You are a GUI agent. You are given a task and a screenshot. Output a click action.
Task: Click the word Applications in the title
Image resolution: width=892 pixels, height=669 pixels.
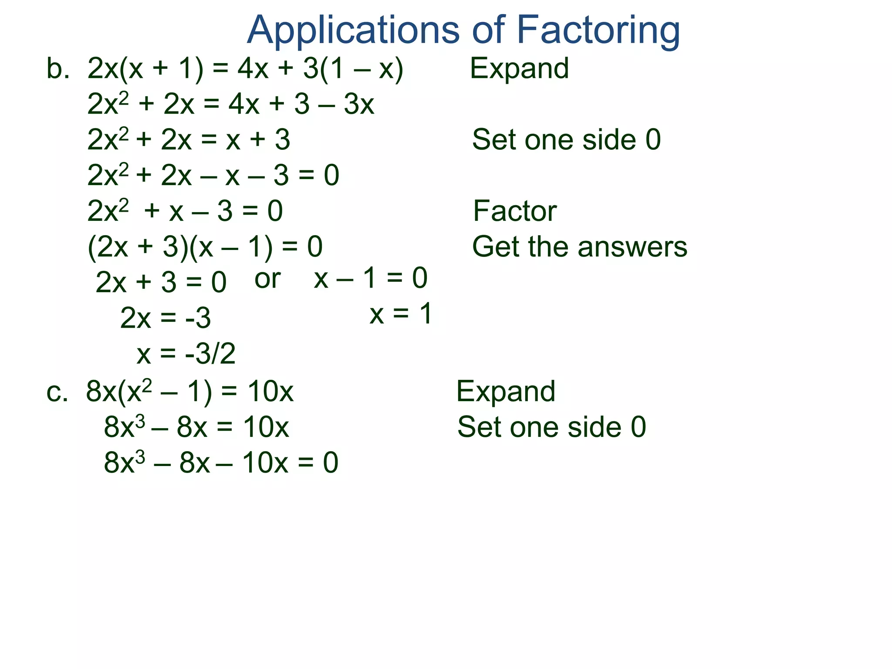pyautogui.click(x=353, y=30)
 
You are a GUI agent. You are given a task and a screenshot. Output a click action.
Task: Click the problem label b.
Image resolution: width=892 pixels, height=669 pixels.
pyautogui.click(x=57, y=69)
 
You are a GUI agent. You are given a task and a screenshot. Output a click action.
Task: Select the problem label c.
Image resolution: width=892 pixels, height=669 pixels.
pyautogui.click(x=57, y=392)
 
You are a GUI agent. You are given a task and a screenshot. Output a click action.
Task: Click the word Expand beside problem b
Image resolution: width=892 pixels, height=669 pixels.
pyautogui.click(x=519, y=68)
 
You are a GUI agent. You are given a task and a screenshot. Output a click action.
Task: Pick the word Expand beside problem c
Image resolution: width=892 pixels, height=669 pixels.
pyautogui.click(x=506, y=391)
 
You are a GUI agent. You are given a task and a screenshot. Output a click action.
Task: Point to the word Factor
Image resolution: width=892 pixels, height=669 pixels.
pyautogui.click(x=514, y=211)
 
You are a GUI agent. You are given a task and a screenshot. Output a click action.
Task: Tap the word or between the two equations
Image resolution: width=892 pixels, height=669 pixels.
pyautogui.click(x=267, y=279)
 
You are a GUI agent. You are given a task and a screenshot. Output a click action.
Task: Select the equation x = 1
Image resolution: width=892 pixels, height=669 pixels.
pyautogui.click(x=401, y=314)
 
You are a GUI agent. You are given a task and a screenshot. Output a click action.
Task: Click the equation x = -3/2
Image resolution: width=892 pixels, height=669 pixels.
pyautogui.click(x=186, y=353)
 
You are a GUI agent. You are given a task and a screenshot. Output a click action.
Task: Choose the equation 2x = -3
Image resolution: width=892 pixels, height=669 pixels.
pyautogui.click(x=166, y=318)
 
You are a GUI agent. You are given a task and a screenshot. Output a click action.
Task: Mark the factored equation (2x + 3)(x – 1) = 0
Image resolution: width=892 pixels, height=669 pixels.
pyautogui.click(x=205, y=247)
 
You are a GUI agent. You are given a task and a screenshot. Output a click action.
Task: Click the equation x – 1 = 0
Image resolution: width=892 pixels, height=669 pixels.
pyautogui.click(x=371, y=278)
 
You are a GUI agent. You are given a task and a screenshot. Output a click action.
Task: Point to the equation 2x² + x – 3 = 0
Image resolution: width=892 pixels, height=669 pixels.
pyautogui.click(x=185, y=211)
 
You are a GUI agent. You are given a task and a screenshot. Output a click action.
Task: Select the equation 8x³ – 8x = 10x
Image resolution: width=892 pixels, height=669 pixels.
pyautogui.click(x=196, y=427)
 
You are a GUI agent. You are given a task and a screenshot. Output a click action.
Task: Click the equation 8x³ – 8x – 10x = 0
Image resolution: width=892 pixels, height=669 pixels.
pyautogui.click(x=221, y=463)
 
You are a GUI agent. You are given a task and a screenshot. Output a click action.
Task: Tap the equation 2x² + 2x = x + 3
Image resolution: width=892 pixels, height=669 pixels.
pyautogui.click(x=189, y=140)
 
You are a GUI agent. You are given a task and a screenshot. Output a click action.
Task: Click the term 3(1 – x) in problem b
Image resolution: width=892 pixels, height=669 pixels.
pyautogui.click(x=353, y=69)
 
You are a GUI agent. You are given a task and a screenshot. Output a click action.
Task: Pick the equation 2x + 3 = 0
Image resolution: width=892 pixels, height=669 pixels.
pyautogui.click(x=161, y=282)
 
